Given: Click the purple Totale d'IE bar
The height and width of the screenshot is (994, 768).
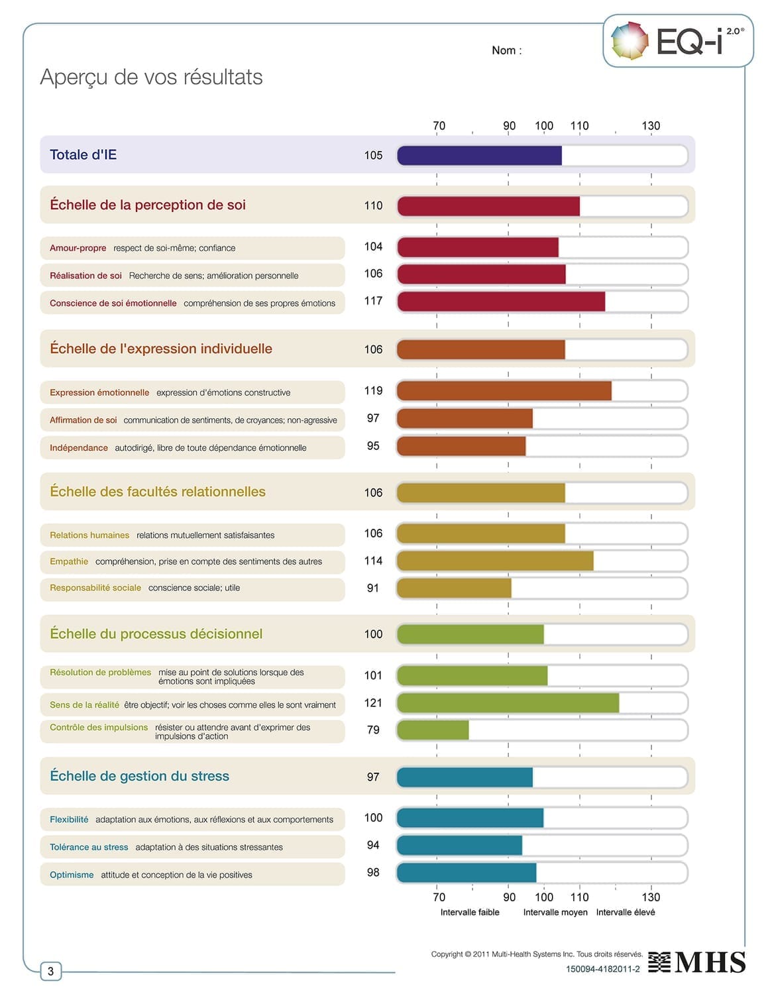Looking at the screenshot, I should coord(479,156).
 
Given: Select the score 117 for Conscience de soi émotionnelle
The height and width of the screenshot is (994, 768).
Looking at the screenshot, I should coord(373,301).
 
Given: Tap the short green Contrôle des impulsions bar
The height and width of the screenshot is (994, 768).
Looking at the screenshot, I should coord(433,730).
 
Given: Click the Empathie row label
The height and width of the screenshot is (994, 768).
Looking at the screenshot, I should coord(69,561).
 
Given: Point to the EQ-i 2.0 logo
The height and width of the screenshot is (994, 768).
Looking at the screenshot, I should coord(678,41).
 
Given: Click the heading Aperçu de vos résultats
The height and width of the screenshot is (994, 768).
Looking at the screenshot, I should coord(151,77).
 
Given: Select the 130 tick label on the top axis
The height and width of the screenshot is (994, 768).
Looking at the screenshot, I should coord(650,125).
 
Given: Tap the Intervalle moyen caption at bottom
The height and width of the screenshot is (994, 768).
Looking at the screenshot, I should coord(555,912).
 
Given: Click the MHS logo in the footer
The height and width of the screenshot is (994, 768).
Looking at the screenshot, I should coord(696,962).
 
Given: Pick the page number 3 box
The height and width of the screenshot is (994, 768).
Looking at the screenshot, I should coord(50,971).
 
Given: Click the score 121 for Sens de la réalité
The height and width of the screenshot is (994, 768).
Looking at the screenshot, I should coord(373,703).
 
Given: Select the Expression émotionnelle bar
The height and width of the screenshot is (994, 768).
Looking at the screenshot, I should coord(504,391).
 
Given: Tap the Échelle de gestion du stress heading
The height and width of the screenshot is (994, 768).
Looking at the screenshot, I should coord(139,776).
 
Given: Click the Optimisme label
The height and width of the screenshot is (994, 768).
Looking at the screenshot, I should coord(72,875).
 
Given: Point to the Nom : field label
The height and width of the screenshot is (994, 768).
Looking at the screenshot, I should coord(506,50).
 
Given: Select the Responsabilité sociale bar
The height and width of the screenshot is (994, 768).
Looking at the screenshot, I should coord(454,588).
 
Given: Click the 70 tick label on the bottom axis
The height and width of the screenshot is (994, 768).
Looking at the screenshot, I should coord(439,897).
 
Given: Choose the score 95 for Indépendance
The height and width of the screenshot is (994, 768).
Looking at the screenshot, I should coord(373,446).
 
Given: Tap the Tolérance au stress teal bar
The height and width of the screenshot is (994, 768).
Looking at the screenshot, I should coord(459,846).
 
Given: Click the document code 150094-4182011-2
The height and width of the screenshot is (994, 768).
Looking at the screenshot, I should coord(602,969).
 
